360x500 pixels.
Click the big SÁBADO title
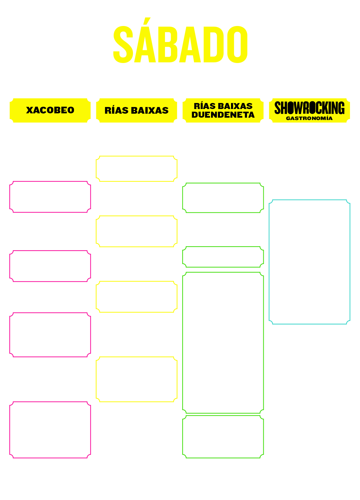pyautogui.click(x=180, y=40)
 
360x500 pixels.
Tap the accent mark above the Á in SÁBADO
pyautogui.click(x=147, y=21)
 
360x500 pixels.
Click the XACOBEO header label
pyautogui.click(x=50, y=110)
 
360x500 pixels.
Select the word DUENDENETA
pyautogui.click(x=223, y=115)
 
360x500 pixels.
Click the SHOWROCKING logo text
pyautogui.click(x=309, y=108)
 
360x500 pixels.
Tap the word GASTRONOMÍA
pyautogui.click(x=309, y=119)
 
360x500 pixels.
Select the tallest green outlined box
pyautogui.click(x=183, y=343)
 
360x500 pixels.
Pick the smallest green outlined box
pyautogui.click(x=183, y=257)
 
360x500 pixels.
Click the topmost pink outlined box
pyautogui.click(x=10, y=197)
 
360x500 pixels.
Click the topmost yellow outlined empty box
pyautogui.click(x=96, y=169)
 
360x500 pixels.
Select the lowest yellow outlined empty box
pyautogui.click(x=96, y=379)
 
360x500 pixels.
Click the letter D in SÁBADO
pyautogui.click(x=214, y=44)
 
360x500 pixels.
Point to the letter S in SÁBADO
pyautogui.click(x=123, y=44)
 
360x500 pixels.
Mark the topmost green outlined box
pyautogui.click(x=183, y=198)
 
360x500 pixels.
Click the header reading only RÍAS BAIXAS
pyautogui.click(x=137, y=110)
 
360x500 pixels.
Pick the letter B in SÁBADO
pyautogui.click(x=168, y=44)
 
